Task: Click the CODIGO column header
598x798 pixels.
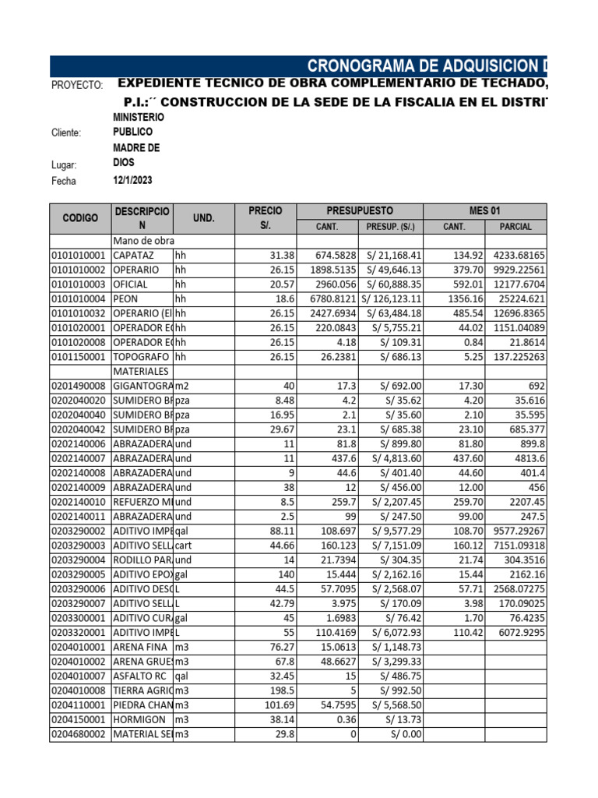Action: (80, 218)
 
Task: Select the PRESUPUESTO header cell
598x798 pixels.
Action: (359, 211)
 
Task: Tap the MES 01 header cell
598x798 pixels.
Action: (484, 211)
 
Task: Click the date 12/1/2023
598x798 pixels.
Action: (133, 180)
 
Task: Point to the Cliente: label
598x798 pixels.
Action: (66, 133)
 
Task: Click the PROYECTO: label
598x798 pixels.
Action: (76, 85)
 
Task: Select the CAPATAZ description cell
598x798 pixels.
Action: (134, 256)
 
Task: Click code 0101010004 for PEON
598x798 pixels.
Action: (80, 299)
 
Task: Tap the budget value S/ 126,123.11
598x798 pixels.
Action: (390, 299)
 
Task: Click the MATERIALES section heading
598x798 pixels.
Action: (142, 372)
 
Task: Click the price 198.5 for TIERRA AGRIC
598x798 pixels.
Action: (281, 691)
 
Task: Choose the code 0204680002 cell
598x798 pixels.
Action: (80, 735)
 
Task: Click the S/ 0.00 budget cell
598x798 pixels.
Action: (390, 735)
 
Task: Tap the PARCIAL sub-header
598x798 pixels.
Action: (515, 227)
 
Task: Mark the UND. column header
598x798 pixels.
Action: (203, 218)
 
